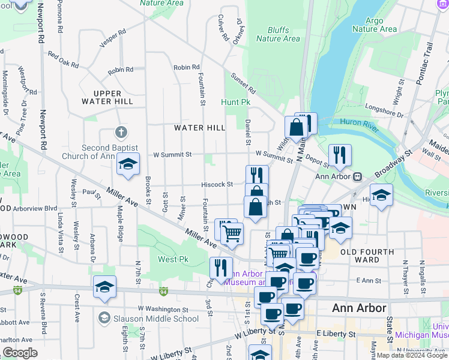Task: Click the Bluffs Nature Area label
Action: tap(278, 34)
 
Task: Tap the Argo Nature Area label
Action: tap(375, 25)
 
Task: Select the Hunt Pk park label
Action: tap(235, 103)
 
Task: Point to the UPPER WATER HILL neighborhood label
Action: tap(107, 97)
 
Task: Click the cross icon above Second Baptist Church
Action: tap(121, 132)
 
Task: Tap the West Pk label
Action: tap(167, 259)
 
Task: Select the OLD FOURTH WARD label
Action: tap(367, 256)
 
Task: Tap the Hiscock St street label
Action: tap(217, 184)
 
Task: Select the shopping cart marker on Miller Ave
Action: tap(232, 233)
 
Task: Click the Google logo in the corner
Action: tap(20, 353)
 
